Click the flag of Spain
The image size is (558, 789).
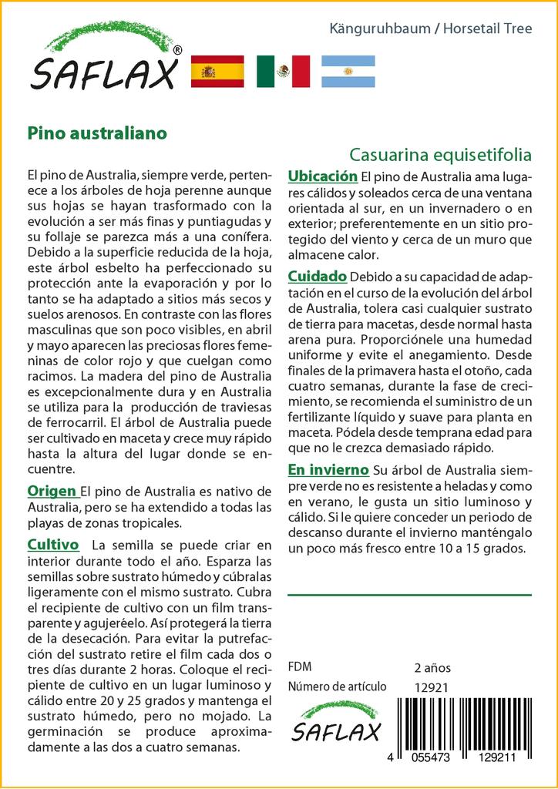coord(217,72)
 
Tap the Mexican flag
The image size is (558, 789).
coord(283,72)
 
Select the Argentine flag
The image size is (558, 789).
coord(348,72)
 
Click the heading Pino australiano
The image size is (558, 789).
coord(97,133)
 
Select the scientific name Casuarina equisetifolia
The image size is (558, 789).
coord(440,154)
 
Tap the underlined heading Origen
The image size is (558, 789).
coord(52,491)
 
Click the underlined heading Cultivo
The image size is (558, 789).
coord(53,545)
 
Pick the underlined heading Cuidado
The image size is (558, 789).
coord(316,277)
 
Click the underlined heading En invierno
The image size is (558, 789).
coord(328,469)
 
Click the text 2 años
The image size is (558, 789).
coord(432,667)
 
